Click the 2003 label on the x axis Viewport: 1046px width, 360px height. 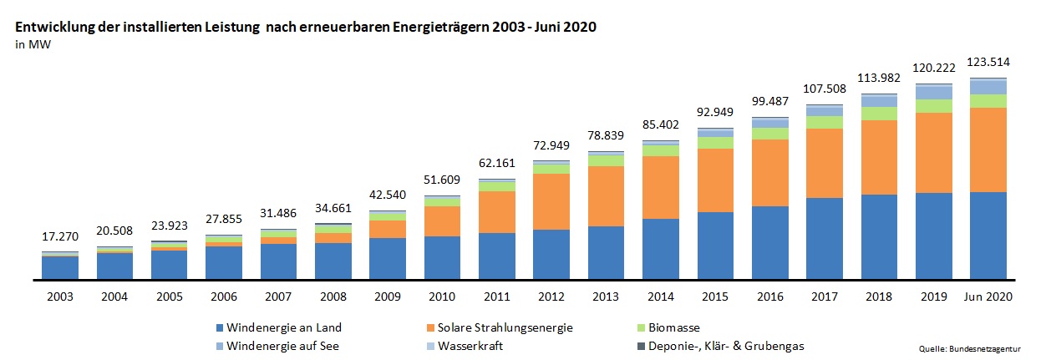pyautogui.click(x=60, y=297)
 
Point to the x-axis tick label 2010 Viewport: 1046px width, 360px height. pyautogui.click(x=442, y=297)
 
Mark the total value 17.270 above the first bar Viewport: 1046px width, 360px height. pyautogui.click(x=60, y=237)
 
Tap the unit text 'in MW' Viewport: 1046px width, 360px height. pyautogui.click(x=28, y=44)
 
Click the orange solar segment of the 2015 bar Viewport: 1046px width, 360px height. pyautogui.click(x=715, y=180)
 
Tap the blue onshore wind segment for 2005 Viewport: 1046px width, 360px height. pyautogui.click(x=169, y=265)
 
